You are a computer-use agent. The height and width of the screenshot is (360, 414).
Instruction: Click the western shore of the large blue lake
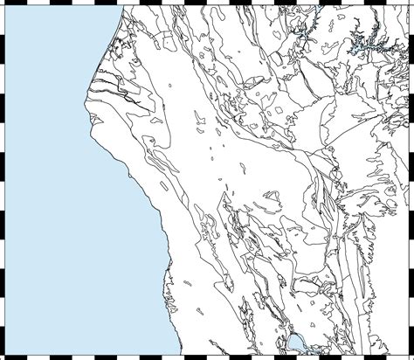tap(287, 343)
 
